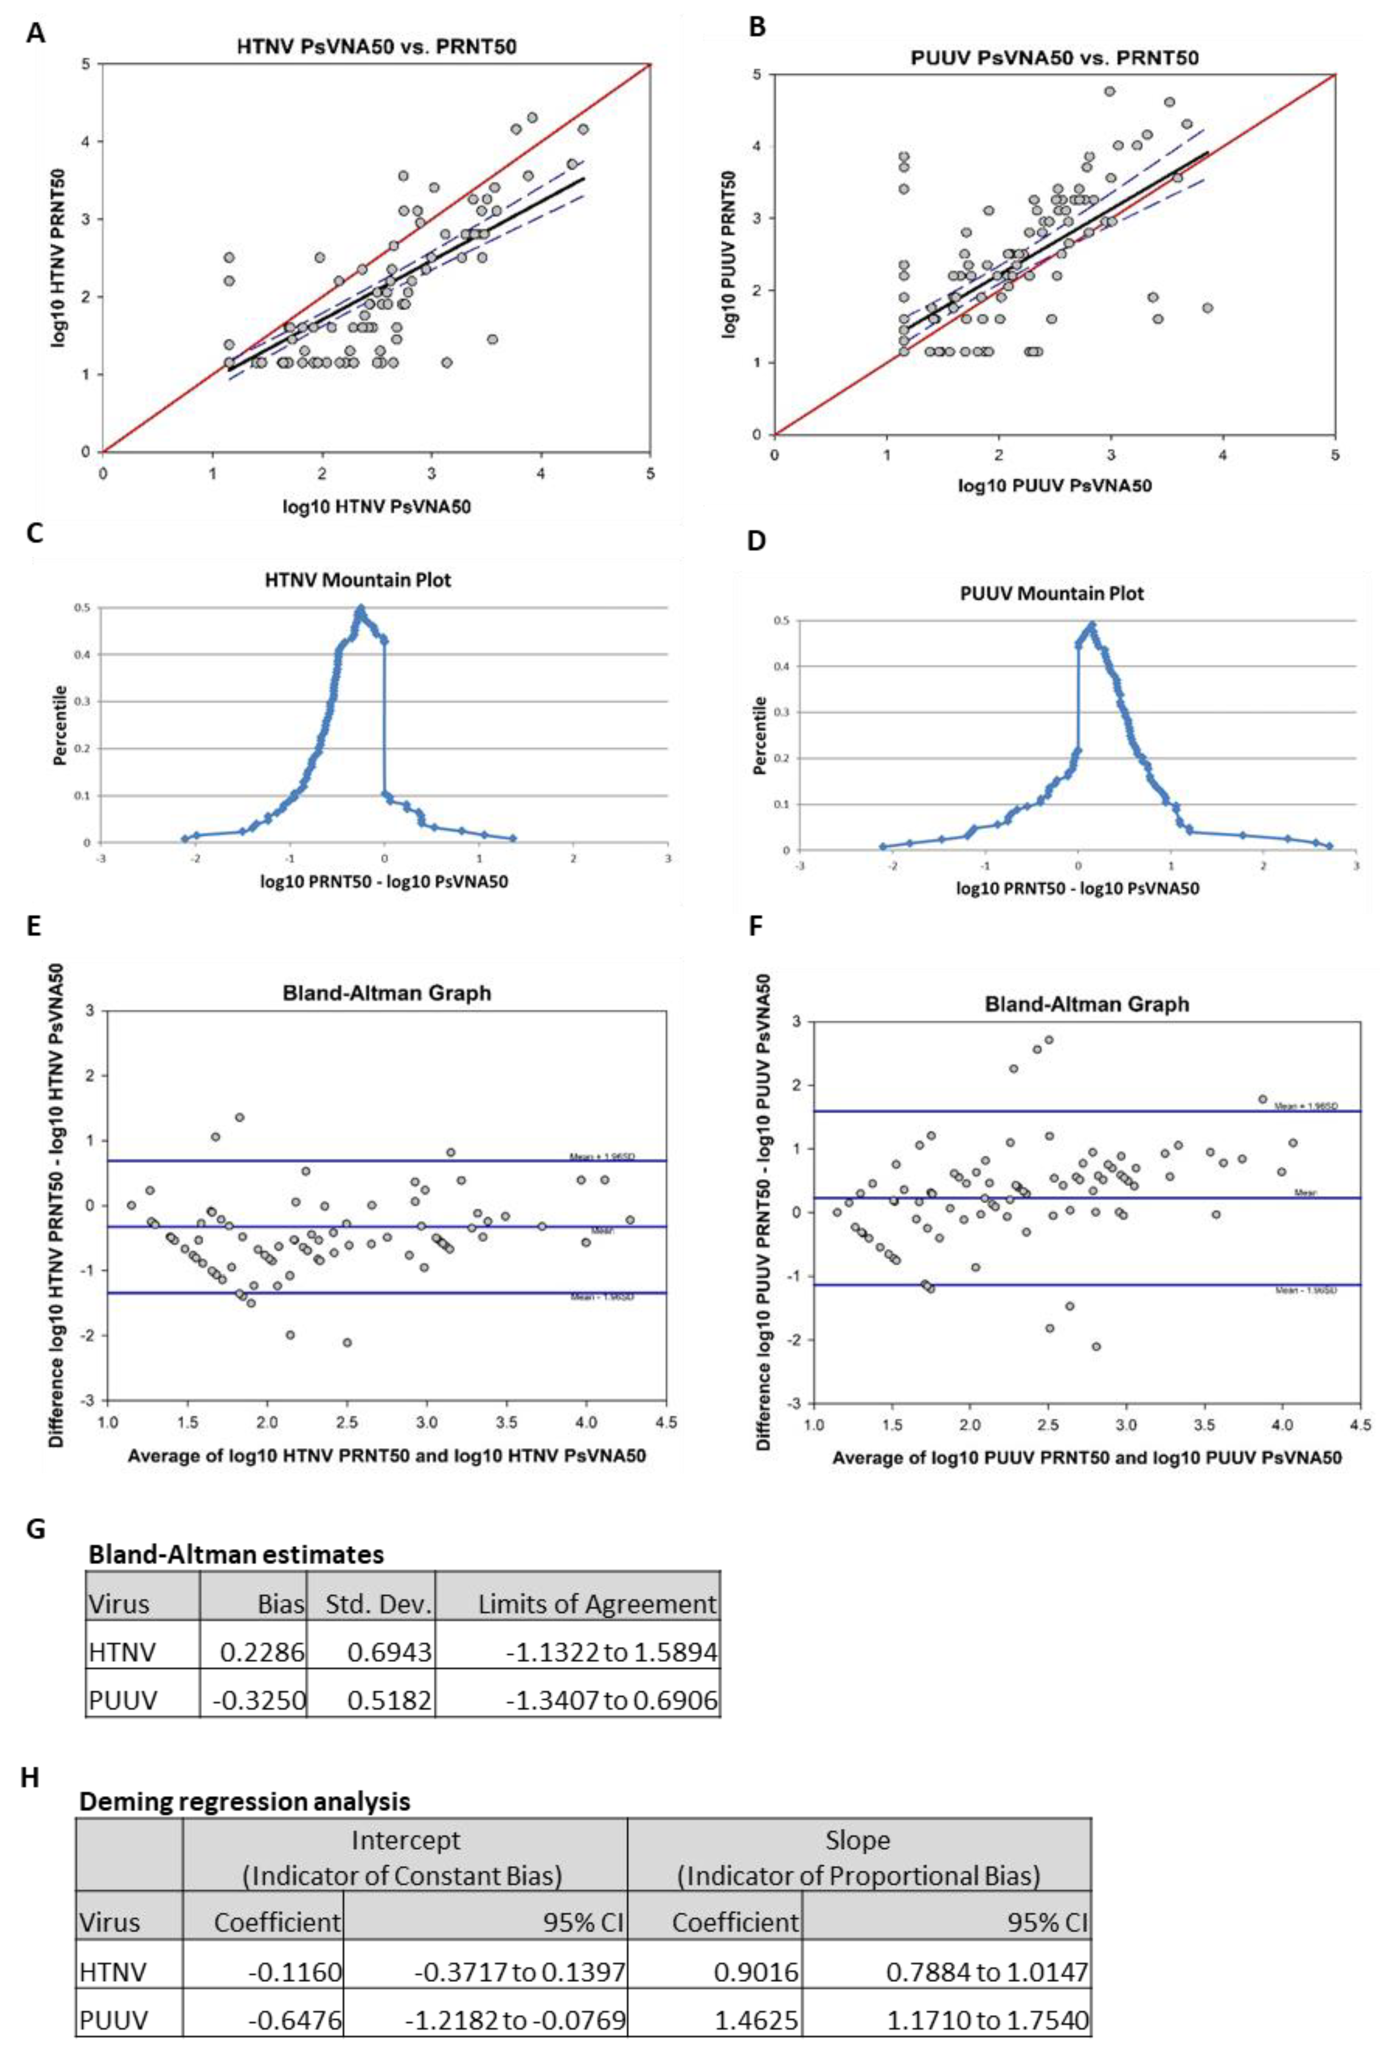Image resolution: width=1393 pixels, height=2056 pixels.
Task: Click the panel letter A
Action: pos(35,34)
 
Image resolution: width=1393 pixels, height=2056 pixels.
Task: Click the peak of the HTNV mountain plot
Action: pos(360,609)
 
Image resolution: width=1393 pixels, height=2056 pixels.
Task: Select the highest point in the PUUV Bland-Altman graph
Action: pos(1049,1040)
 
